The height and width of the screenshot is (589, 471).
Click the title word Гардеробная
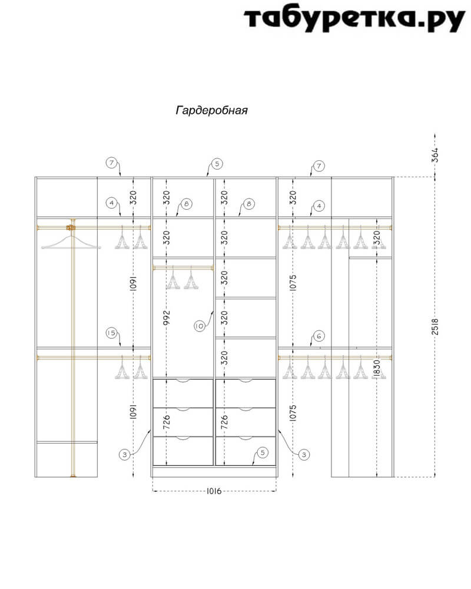tap(212, 111)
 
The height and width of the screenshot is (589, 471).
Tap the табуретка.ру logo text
tap(354, 19)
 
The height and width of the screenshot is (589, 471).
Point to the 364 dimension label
tap(435, 155)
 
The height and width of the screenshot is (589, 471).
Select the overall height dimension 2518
tap(435, 326)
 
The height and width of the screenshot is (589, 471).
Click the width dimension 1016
tap(214, 491)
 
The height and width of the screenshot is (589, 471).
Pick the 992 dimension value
tap(167, 317)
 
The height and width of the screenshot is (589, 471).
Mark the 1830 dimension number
tap(377, 369)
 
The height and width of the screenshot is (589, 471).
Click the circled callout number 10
tap(200, 326)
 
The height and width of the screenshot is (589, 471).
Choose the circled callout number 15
tap(111, 333)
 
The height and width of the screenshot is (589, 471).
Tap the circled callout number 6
tap(319, 336)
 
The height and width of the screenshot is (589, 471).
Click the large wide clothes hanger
tap(71, 242)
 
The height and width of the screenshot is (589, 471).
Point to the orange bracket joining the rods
tap(70, 227)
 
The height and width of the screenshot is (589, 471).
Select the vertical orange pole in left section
tap(73, 348)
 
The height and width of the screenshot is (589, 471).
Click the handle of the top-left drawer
tap(183, 381)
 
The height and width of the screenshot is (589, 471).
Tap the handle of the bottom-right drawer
tap(246, 438)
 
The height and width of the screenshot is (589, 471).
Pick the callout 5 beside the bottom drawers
tap(263, 452)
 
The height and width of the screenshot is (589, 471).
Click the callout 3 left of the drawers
tap(125, 455)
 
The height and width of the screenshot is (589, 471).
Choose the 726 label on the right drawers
tap(224, 422)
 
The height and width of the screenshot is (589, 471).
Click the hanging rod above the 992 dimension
tap(183, 268)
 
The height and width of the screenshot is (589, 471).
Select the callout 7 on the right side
tap(319, 166)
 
